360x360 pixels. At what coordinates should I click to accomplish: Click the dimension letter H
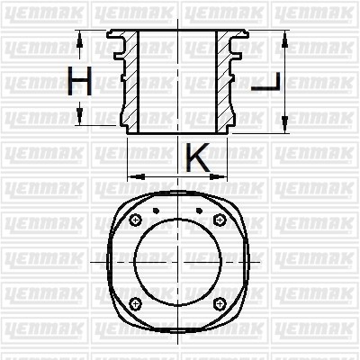click(x=79, y=81)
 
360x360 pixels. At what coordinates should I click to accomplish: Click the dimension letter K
click(x=198, y=157)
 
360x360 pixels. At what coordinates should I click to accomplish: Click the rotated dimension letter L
click(x=265, y=82)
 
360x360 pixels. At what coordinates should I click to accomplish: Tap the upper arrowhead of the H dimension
click(x=79, y=40)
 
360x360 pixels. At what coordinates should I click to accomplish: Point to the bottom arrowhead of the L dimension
click(x=284, y=124)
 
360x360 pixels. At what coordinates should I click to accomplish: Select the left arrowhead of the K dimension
click(x=136, y=176)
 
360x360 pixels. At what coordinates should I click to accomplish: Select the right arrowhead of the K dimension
click(x=219, y=176)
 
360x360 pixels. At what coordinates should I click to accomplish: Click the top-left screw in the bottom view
click(x=136, y=220)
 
